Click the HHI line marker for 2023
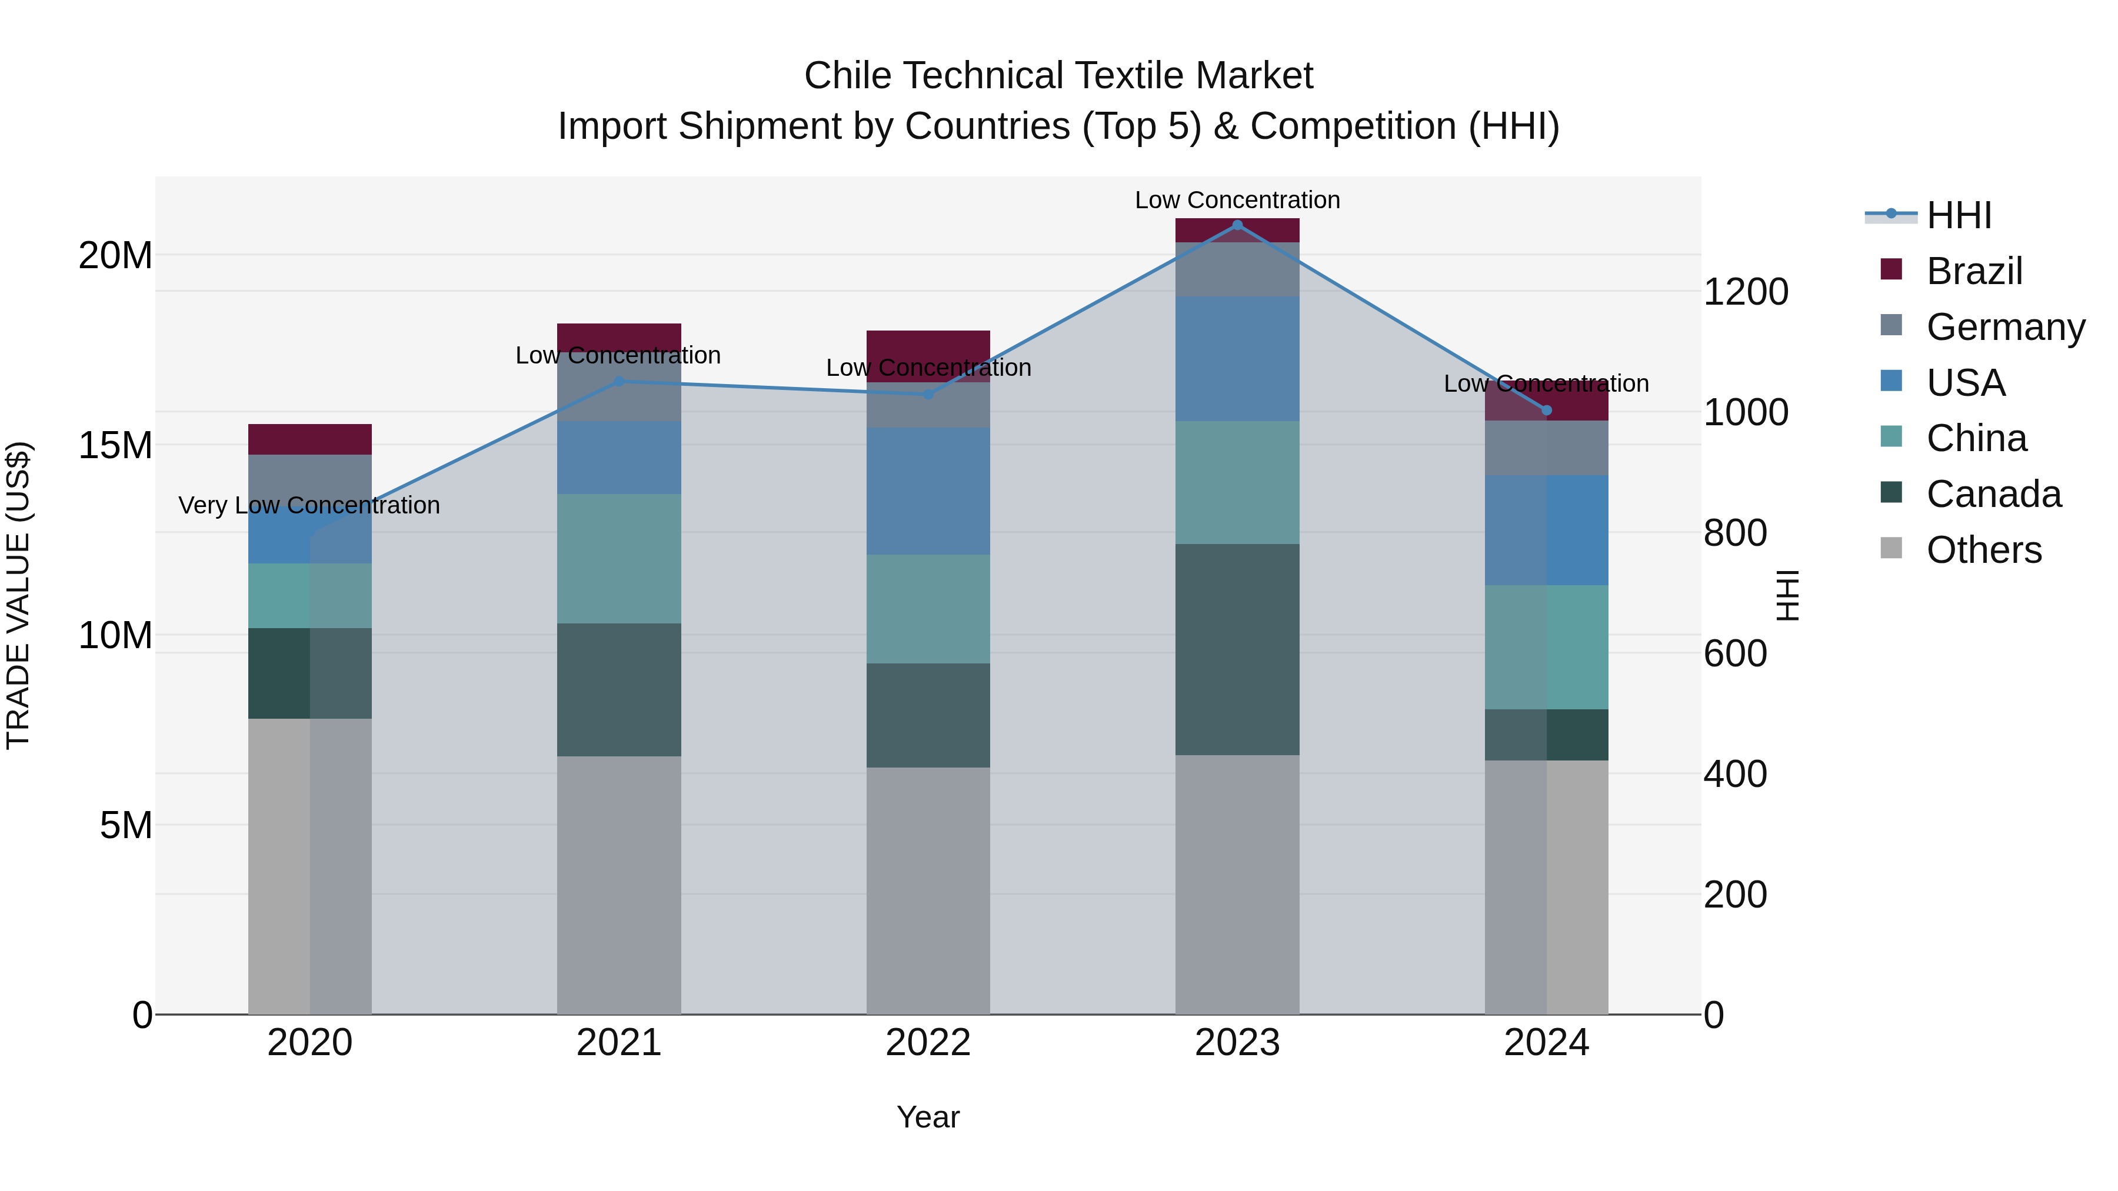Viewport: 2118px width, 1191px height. coord(1237,225)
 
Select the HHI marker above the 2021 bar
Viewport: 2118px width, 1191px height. coord(619,381)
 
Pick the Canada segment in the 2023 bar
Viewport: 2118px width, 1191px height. coord(1237,649)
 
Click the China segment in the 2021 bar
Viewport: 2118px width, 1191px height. coord(619,559)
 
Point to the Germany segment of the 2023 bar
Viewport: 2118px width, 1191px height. coord(1237,269)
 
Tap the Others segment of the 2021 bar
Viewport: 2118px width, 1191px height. coord(619,885)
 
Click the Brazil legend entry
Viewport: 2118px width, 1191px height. coord(1973,271)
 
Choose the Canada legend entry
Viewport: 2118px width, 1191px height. coord(1993,494)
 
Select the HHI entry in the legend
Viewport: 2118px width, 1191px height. coord(1959,215)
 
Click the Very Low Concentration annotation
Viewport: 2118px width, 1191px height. coord(309,505)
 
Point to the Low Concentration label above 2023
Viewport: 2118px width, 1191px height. coord(1237,201)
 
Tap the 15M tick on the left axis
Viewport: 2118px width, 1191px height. coord(115,445)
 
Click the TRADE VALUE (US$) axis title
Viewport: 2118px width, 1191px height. coord(18,595)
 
